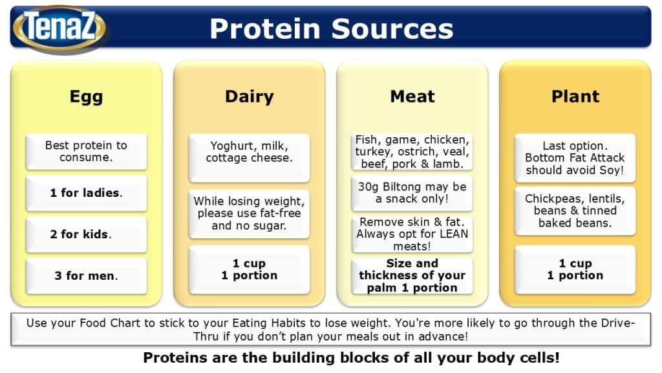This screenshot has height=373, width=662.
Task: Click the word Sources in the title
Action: coord(392,29)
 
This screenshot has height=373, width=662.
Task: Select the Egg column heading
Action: coord(86,97)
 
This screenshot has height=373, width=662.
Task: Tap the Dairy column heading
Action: coord(249,96)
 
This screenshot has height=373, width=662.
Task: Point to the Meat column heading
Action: coord(412,96)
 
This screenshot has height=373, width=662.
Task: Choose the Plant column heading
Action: coord(575,96)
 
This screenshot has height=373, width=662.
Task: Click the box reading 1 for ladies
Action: coord(86,193)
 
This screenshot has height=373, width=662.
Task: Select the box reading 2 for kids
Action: coord(86,234)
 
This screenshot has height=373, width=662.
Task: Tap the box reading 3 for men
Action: coord(86,276)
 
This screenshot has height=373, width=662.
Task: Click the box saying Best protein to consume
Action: coord(86,152)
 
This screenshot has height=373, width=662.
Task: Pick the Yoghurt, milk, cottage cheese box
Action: coord(249,158)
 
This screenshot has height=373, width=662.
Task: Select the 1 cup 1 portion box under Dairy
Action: coord(249,270)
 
